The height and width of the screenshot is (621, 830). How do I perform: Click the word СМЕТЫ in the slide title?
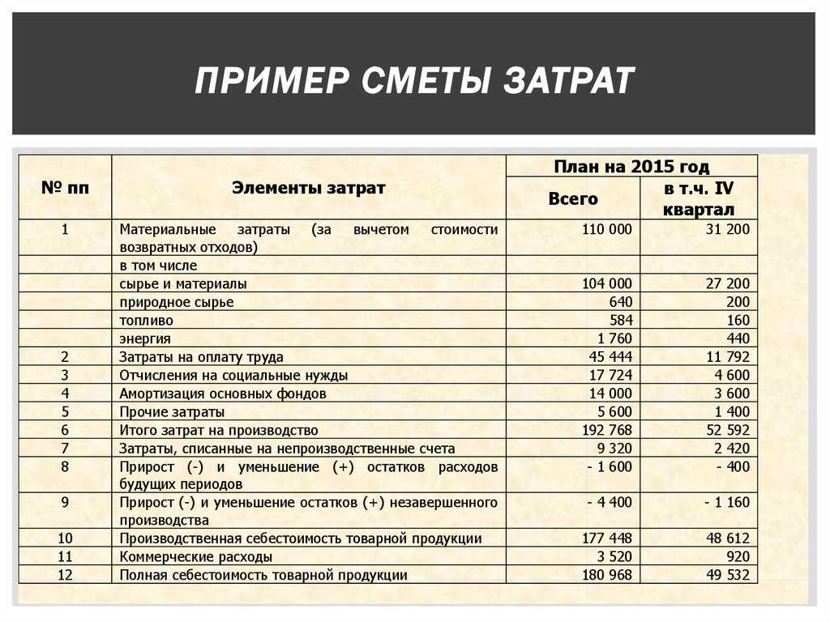421,82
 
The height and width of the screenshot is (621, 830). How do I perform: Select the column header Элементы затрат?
309,188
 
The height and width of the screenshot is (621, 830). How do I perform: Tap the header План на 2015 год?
631,167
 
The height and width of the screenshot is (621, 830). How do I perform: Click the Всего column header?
573,198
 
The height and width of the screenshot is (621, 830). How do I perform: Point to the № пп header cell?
65,188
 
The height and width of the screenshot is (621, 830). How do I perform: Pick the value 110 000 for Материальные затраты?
606,229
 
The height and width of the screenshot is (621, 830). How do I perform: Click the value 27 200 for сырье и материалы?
727,283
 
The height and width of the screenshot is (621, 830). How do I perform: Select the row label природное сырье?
176,302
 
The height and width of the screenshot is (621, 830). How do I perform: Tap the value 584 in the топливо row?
618,320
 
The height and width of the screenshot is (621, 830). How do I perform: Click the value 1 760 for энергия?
614,338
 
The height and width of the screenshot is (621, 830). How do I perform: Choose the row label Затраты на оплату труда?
201,356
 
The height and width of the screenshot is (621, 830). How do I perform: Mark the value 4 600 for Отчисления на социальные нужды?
732,375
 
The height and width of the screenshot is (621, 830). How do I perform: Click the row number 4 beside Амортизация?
65,393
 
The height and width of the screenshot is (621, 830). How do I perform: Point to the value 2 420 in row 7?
732,448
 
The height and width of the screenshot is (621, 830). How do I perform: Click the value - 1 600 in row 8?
610,466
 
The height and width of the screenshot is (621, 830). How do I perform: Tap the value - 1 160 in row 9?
727,502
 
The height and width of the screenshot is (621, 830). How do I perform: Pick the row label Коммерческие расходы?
195,557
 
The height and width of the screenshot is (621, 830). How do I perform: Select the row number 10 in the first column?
65,538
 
